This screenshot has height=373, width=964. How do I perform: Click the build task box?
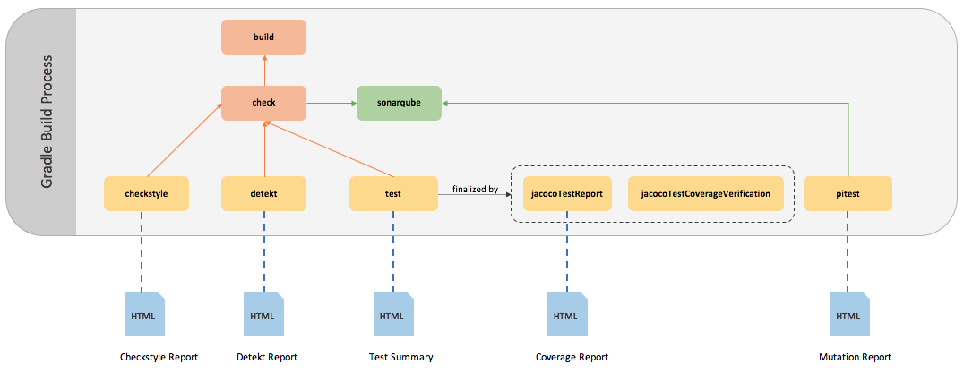264,38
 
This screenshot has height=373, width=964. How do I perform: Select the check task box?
264,103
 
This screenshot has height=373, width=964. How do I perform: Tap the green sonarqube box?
399,103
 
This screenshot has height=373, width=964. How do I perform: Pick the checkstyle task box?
146,193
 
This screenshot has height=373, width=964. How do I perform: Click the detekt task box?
264,193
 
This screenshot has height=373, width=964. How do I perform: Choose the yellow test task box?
392,193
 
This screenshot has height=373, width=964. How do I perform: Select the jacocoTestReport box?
566,193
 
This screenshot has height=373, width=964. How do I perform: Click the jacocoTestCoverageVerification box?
711,193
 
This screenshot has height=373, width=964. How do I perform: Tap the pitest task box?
848,193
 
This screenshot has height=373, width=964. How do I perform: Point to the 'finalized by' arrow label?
475,189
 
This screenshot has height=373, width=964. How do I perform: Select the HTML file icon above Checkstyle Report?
143,315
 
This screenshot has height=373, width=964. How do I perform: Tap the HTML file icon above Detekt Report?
263,315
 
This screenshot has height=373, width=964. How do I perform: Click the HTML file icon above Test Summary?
392,315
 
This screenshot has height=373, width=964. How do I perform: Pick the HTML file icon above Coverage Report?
566,315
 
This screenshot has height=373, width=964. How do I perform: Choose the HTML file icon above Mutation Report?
848,315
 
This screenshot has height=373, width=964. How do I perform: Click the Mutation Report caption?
855,357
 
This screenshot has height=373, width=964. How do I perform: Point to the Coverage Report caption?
572,357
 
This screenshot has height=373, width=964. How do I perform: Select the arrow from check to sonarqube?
331,103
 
